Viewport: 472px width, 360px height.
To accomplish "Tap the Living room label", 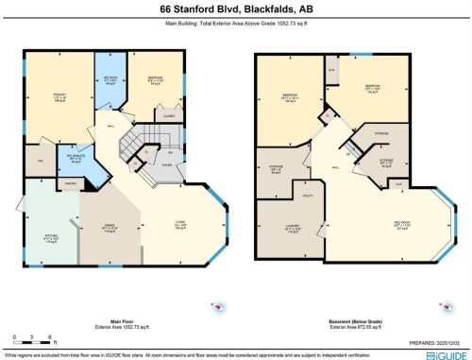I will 177,225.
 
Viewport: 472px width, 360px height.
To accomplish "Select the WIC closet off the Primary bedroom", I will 40,162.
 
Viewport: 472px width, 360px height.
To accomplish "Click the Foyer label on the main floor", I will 166,165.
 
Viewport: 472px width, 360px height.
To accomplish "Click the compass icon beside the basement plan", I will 443,307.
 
